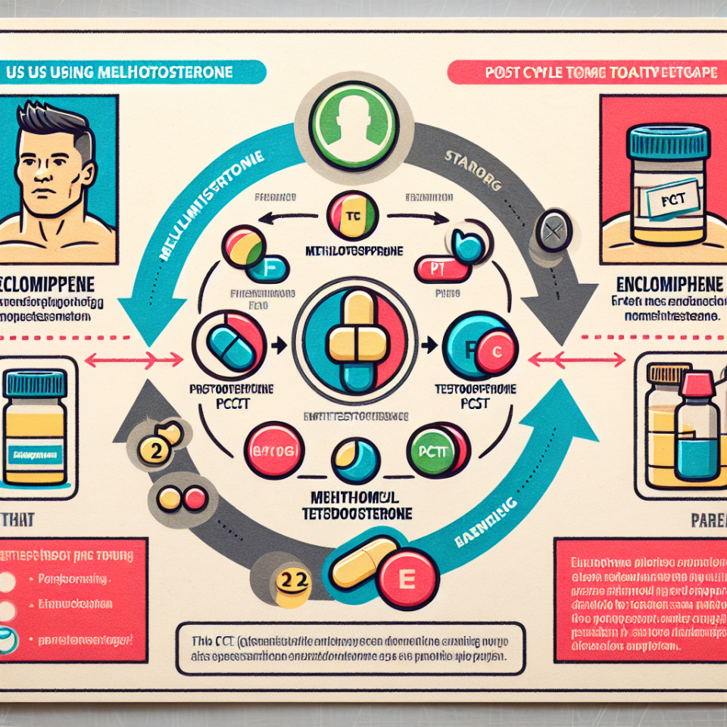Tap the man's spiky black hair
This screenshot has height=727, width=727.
[53, 126]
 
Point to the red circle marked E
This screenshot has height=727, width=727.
[404, 582]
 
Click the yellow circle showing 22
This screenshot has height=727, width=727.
[293, 581]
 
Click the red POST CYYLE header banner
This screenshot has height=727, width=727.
[583, 73]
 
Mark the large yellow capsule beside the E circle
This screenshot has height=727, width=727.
[361, 565]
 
